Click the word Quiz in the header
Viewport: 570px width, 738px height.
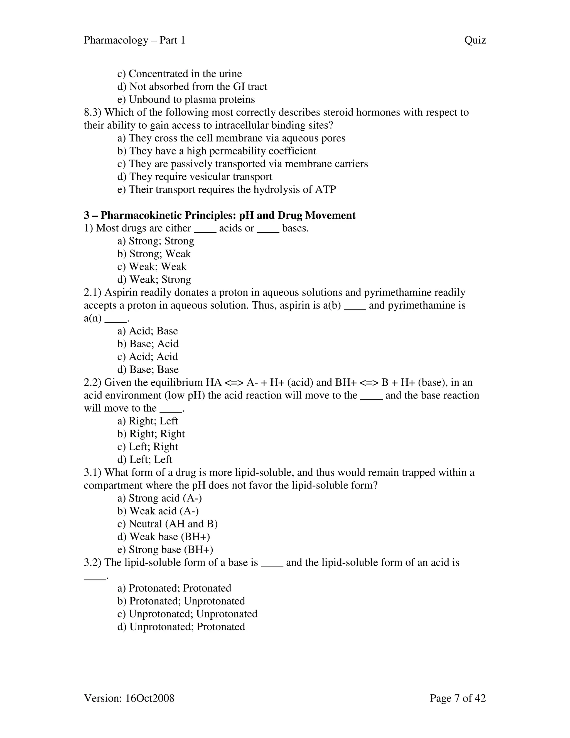[x=475, y=41]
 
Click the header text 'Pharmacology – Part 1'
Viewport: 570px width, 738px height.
[x=134, y=41]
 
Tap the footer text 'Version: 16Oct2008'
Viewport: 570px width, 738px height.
[x=129, y=698]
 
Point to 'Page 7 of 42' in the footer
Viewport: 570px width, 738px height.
[x=458, y=698]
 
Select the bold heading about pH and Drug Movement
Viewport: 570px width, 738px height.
[x=220, y=215]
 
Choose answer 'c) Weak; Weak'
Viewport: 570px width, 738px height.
[x=152, y=267]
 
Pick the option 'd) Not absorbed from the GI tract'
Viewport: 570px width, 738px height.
[x=192, y=87]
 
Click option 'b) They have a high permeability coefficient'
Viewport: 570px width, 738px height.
[x=217, y=151]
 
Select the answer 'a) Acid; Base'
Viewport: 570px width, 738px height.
[x=148, y=331]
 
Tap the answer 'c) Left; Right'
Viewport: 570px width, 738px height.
[x=148, y=447]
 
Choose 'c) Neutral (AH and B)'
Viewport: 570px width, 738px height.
[x=168, y=524]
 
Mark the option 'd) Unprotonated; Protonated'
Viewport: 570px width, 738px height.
[x=181, y=627]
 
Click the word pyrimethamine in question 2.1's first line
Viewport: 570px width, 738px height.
[x=397, y=292]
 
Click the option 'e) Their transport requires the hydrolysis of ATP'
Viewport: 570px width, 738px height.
[x=227, y=190]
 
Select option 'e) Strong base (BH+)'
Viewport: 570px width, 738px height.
[x=165, y=550]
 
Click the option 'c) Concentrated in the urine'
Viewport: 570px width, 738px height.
[x=180, y=74]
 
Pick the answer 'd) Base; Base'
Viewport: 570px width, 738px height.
[x=148, y=369]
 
